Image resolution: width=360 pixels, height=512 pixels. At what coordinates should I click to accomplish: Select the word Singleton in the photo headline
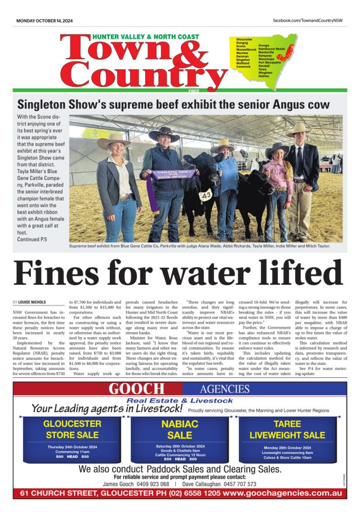point(45,104)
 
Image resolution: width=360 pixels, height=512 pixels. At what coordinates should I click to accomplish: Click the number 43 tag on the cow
point(206,195)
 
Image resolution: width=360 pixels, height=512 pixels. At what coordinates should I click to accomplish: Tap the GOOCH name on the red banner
point(137,389)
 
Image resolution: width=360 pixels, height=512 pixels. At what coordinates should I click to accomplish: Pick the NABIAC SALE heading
point(180,429)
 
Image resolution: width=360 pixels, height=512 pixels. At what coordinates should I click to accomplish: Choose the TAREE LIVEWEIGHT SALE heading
point(287,429)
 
